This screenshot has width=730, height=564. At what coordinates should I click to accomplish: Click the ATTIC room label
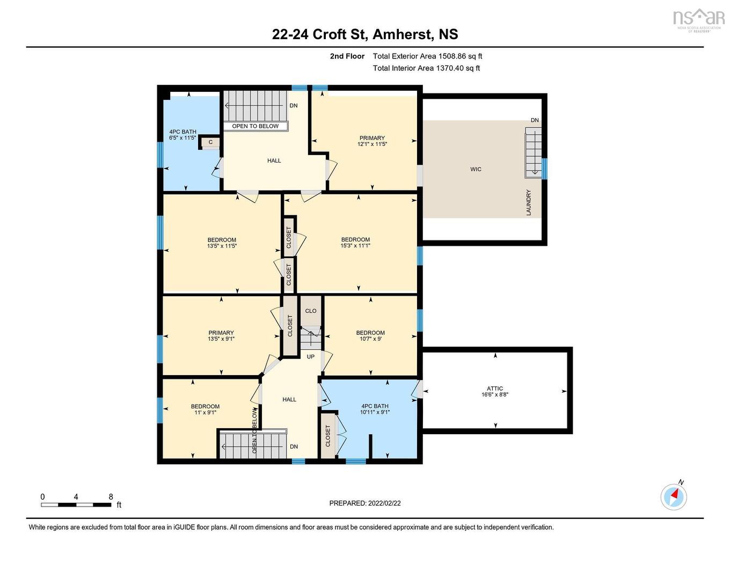tap(495, 389)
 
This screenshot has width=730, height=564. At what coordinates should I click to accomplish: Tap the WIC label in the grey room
tap(476, 169)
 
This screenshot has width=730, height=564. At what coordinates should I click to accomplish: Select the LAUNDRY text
tap(529, 202)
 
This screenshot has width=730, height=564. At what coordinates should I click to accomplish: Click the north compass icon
tap(674, 496)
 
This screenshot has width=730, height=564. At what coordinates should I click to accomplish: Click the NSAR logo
tap(698, 19)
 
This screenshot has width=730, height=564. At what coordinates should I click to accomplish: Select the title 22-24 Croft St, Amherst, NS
tap(365, 34)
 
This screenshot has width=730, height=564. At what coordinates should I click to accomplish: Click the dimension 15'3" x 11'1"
tap(355, 246)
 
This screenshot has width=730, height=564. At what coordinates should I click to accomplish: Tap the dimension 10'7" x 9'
tap(370, 339)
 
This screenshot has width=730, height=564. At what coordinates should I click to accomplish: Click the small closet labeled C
tap(210, 142)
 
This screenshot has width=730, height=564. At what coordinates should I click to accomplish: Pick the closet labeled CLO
tap(311, 311)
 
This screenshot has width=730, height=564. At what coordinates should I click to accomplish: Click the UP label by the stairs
tap(311, 357)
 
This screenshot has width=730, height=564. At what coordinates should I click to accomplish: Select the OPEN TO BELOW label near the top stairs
tap(255, 126)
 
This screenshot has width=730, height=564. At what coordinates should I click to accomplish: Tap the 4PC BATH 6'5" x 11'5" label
tap(182, 135)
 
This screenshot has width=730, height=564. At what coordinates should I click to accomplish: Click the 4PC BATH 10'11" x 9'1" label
tap(375, 409)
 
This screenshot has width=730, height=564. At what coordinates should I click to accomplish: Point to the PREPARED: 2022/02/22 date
tap(365, 503)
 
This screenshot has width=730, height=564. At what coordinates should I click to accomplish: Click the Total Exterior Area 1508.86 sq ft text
tap(427, 56)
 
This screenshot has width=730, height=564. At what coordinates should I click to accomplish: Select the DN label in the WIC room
tap(535, 120)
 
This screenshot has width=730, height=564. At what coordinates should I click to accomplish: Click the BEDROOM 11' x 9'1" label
tap(205, 409)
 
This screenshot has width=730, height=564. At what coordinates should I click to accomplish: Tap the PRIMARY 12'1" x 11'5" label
tap(372, 141)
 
